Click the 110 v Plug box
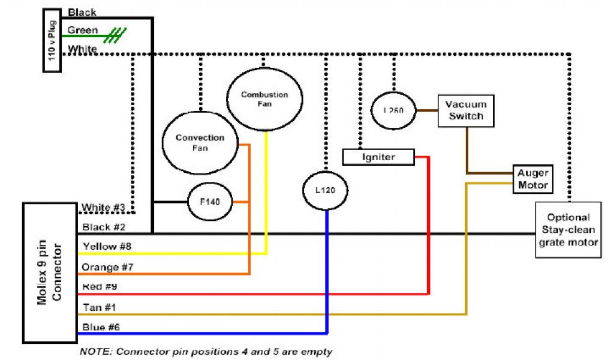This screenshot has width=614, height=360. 52,40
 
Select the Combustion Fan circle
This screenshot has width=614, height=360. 264,100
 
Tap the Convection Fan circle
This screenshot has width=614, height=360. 200,143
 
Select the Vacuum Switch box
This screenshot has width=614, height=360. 465,110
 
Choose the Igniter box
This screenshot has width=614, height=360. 378,157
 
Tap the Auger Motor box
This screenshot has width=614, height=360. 532,179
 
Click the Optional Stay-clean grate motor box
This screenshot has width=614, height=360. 567,230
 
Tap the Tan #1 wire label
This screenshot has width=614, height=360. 99,308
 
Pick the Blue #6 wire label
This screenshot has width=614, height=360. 100,328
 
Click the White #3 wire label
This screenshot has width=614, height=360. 104,208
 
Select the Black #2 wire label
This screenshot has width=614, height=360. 104,227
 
